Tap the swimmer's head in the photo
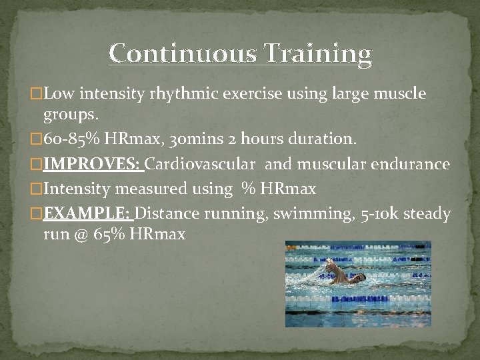[x=359, y=277]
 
